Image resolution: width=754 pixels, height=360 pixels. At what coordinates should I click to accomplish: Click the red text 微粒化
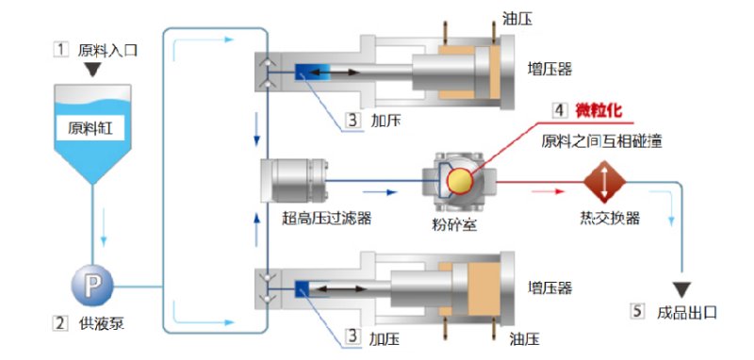602,111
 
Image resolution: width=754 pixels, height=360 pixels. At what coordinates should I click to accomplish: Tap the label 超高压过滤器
327,219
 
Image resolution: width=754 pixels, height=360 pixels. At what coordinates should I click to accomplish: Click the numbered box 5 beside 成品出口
636,310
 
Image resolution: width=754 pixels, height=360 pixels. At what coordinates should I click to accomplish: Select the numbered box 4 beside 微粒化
560,111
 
